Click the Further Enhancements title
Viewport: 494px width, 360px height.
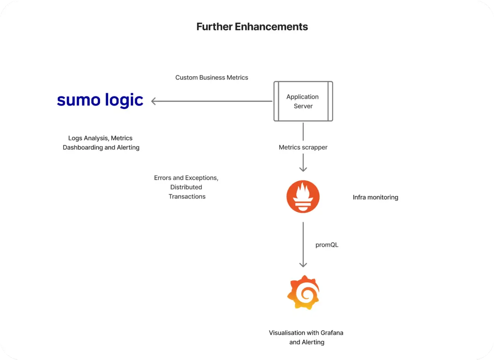coord(252,27)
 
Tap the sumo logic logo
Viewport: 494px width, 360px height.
coord(100,100)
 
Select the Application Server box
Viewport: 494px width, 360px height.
coord(303,101)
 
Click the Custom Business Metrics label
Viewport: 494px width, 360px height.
coord(212,77)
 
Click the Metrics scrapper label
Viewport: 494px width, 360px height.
coord(303,147)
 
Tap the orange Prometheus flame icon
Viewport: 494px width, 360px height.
coord(303,197)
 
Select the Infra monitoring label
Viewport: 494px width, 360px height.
coord(376,197)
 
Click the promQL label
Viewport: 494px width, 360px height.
coord(327,245)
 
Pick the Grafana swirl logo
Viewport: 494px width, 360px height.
coord(303,293)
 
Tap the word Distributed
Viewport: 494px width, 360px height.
coord(186,187)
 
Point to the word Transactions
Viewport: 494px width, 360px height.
coord(187,196)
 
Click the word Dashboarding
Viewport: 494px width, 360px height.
coord(83,147)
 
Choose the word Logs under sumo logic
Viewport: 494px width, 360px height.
coord(75,138)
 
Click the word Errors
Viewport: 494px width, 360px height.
coord(163,178)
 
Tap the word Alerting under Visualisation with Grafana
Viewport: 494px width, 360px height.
coord(313,342)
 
